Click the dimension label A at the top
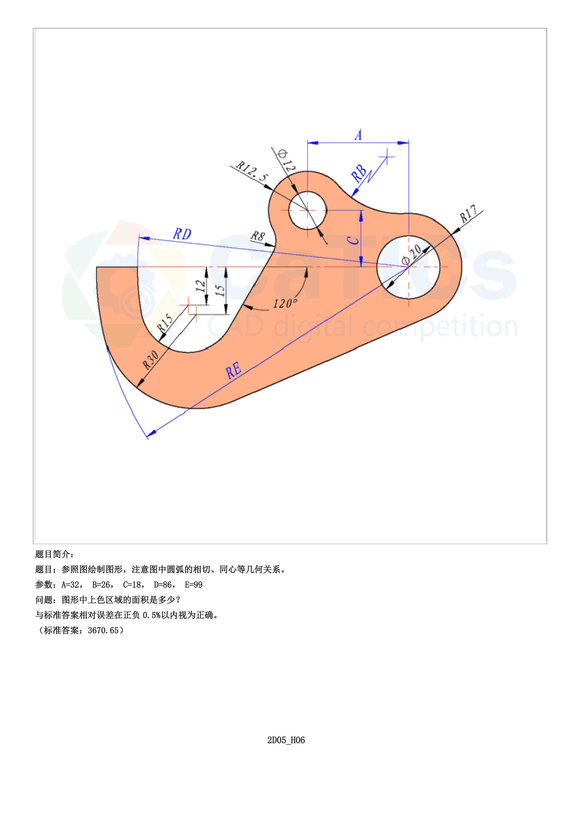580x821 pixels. [359, 135]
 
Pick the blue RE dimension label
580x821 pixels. [234, 370]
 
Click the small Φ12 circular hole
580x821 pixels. [308, 210]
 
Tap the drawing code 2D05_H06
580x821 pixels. [286, 740]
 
